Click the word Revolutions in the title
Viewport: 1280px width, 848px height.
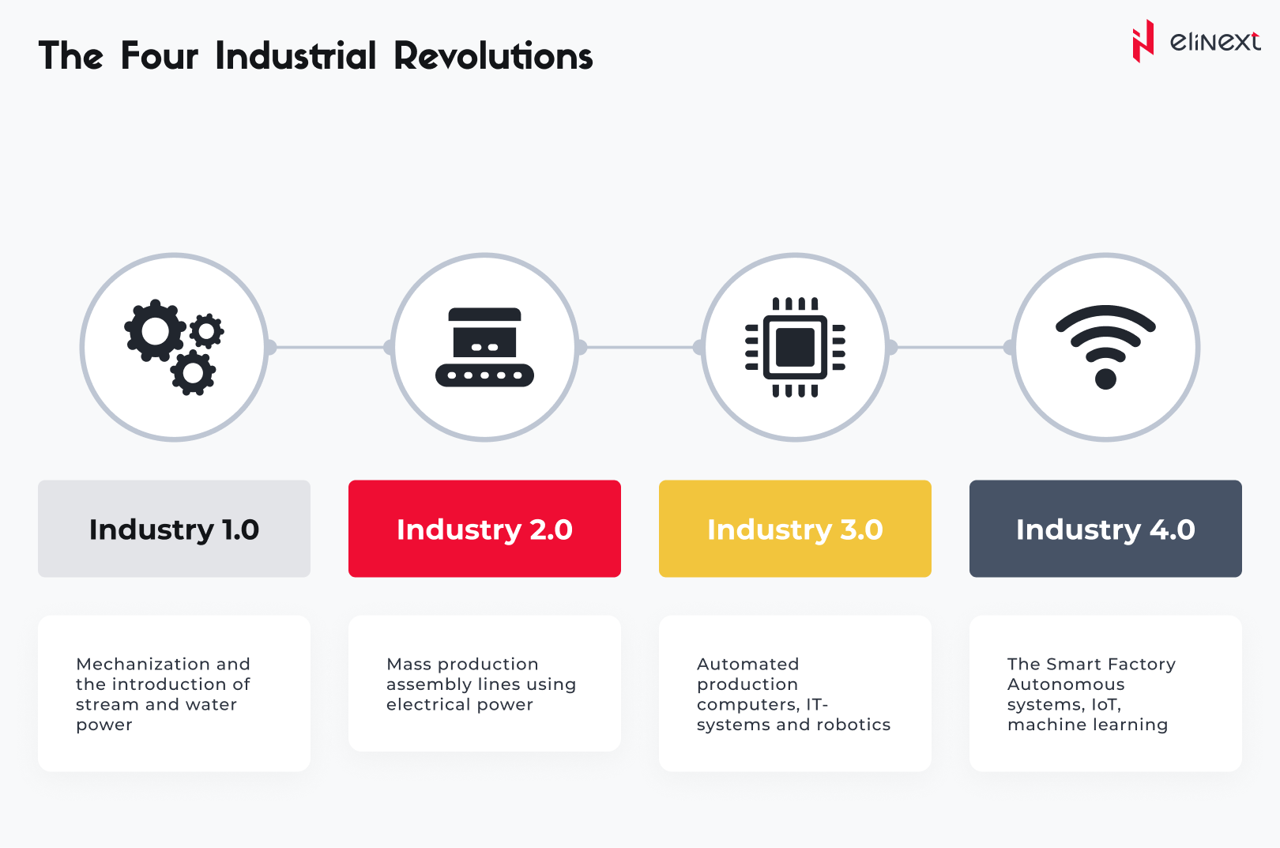coord(494,56)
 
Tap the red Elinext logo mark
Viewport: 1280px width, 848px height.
coord(1143,41)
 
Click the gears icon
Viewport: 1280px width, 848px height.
coord(174,347)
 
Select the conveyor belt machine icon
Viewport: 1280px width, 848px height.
coord(484,347)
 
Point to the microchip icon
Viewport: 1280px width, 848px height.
coord(795,347)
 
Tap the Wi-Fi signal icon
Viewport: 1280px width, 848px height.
coord(1105,347)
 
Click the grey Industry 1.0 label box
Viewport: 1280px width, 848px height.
coord(175,529)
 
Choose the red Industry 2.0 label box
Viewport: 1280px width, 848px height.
coord(484,529)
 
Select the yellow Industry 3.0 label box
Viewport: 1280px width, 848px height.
coord(795,529)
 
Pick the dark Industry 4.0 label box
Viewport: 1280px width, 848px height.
coord(1105,529)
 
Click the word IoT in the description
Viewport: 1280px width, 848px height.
coord(1105,705)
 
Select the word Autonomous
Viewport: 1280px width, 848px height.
coord(1067,684)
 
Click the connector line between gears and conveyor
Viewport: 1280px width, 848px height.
coord(329,347)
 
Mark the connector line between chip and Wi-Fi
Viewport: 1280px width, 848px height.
coord(951,347)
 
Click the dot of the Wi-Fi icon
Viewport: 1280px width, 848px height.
coord(1105,379)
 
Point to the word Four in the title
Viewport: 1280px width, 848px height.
coord(160,56)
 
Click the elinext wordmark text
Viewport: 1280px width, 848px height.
coord(1215,42)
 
